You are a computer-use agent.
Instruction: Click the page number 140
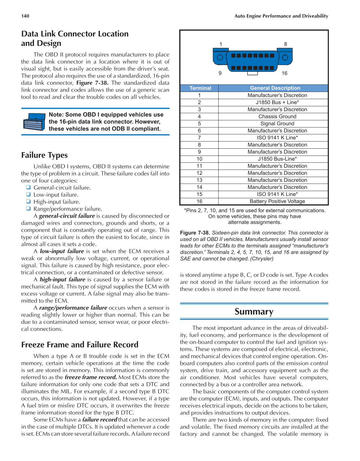coord(25,16)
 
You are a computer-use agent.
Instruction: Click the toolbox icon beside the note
coord(33,122)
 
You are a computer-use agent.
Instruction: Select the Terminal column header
coord(200,88)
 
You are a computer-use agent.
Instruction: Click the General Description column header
coord(275,88)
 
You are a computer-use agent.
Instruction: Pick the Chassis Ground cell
coord(277,117)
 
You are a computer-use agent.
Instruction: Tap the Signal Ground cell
coord(277,123)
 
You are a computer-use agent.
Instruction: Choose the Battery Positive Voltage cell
coord(277,201)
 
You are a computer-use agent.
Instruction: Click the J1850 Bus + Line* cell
coord(277,102)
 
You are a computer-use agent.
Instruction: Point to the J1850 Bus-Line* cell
coord(277,159)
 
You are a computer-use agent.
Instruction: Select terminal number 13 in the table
coord(199,180)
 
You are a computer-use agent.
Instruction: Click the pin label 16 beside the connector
coord(284,73)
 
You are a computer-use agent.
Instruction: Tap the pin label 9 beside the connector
coord(220,73)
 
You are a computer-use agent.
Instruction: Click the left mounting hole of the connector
coord(220,57)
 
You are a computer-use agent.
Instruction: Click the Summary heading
coord(254,312)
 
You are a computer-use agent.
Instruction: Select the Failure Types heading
coord(45,155)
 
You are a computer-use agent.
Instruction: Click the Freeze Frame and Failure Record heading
coord(80,345)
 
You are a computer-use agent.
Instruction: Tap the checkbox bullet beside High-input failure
coord(28,201)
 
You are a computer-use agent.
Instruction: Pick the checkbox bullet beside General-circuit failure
coord(28,187)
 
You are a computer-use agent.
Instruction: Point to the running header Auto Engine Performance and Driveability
coord(281,16)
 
